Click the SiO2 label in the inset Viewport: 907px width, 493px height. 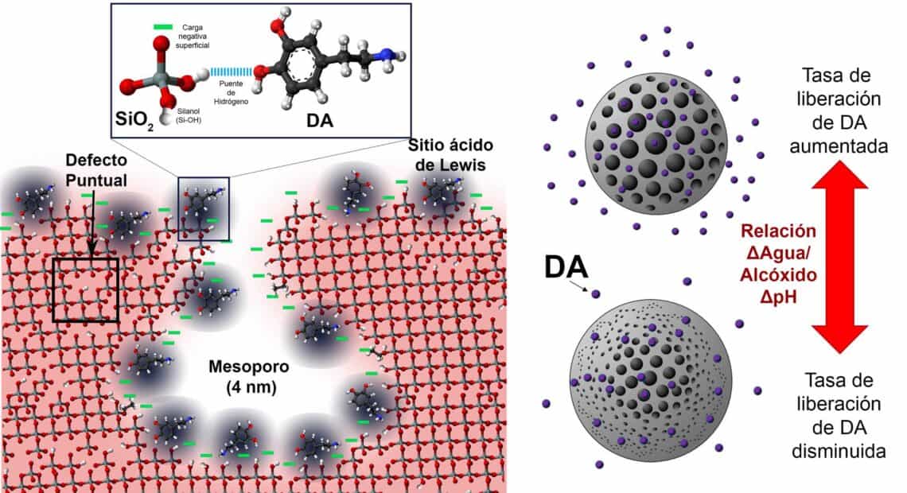[x=134, y=119]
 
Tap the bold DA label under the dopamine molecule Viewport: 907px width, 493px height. [x=319, y=120]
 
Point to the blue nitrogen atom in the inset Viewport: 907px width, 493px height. [x=382, y=56]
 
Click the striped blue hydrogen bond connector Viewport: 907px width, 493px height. [x=232, y=72]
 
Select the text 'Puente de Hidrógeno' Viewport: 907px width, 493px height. [x=231, y=92]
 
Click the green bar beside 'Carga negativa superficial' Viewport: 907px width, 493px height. [x=163, y=26]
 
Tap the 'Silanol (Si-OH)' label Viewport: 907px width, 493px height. [x=189, y=115]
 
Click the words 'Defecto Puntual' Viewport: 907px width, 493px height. [x=96, y=170]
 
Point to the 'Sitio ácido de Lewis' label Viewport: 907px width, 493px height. [x=450, y=154]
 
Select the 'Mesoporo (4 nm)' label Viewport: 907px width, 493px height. [x=249, y=376]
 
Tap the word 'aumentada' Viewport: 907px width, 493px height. [x=839, y=146]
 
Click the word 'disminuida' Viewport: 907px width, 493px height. [x=839, y=451]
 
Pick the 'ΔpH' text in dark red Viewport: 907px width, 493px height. [x=779, y=297]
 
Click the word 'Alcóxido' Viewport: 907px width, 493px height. [x=779, y=274]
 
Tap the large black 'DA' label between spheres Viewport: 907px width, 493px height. [x=566, y=268]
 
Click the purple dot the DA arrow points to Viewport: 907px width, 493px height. [x=596, y=294]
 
